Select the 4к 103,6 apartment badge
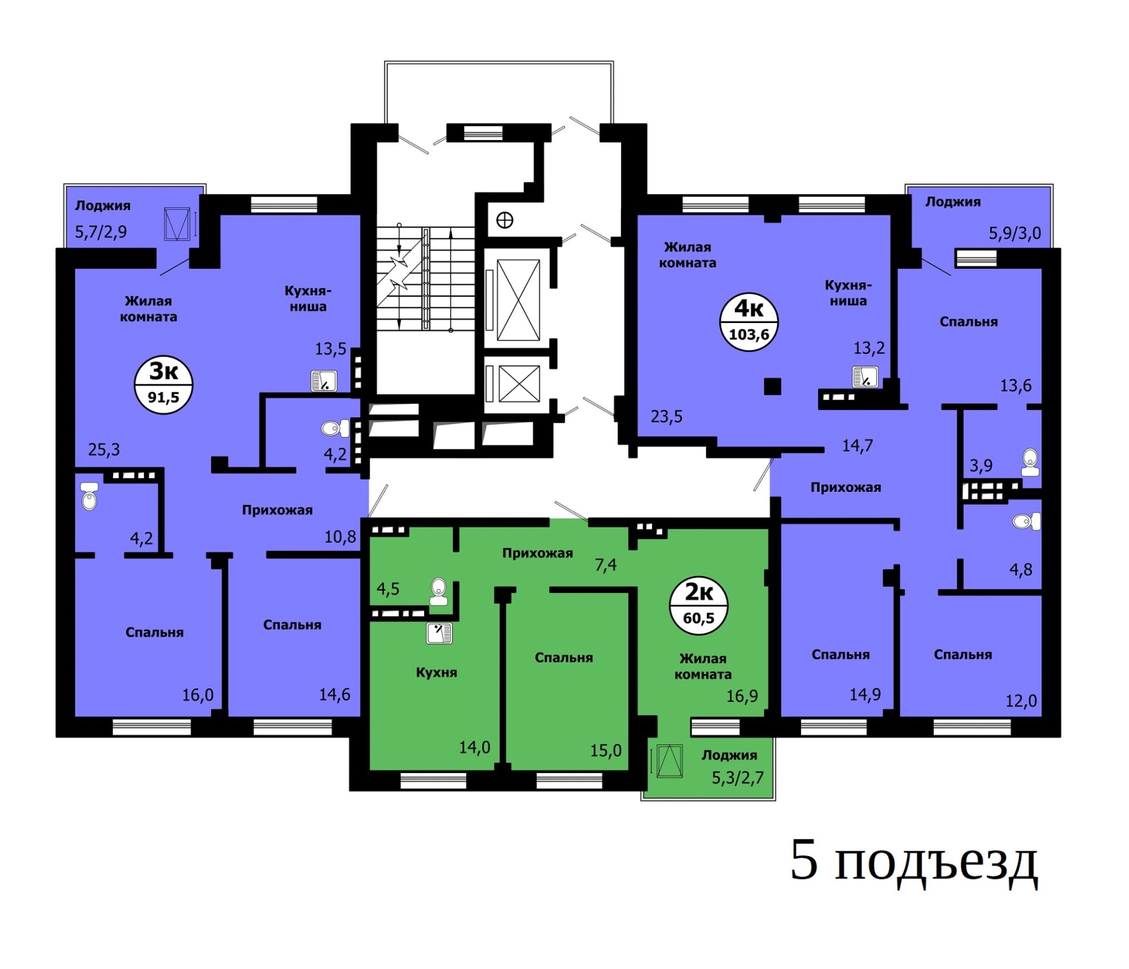tap(749, 322)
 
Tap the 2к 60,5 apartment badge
tap(699, 605)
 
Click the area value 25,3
tap(104, 450)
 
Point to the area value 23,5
tap(666, 417)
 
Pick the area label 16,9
tap(742, 696)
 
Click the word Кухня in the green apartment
tap(436, 672)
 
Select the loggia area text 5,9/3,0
tap(1014, 233)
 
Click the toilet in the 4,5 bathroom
tap(438, 591)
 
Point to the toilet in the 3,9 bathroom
tap(1030, 462)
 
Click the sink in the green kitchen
tap(439, 633)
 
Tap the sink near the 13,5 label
tap(324, 381)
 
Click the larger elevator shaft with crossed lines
tap(518, 300)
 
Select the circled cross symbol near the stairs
tap(505, 220)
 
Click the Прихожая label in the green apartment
tap(537, 553)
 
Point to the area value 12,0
tap(1021, 701)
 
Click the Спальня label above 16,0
tap(155, 632)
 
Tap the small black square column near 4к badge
tap(772, 387)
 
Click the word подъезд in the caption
tap(936, 864)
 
